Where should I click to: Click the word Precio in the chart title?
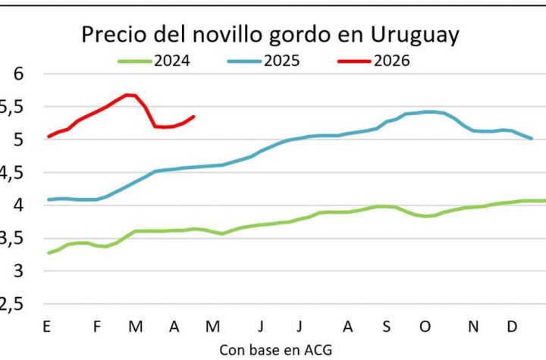click(x=114, y=36)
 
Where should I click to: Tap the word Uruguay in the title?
click(x=414, y=36)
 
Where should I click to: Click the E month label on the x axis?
click(x=48, y=327)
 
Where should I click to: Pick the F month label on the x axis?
click(x=96, y=327)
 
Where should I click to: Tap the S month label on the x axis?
click(x=386, y=327)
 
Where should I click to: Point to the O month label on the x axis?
click(x=425, y=327)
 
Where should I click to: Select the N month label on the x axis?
click(x=473, y=327)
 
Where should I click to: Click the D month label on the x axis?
click(x=513, y=327)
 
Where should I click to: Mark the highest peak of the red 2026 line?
click(x=129, y=95)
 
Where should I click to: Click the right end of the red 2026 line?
click(x=194, y=116)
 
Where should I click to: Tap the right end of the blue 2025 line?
click(x=532, y=139)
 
